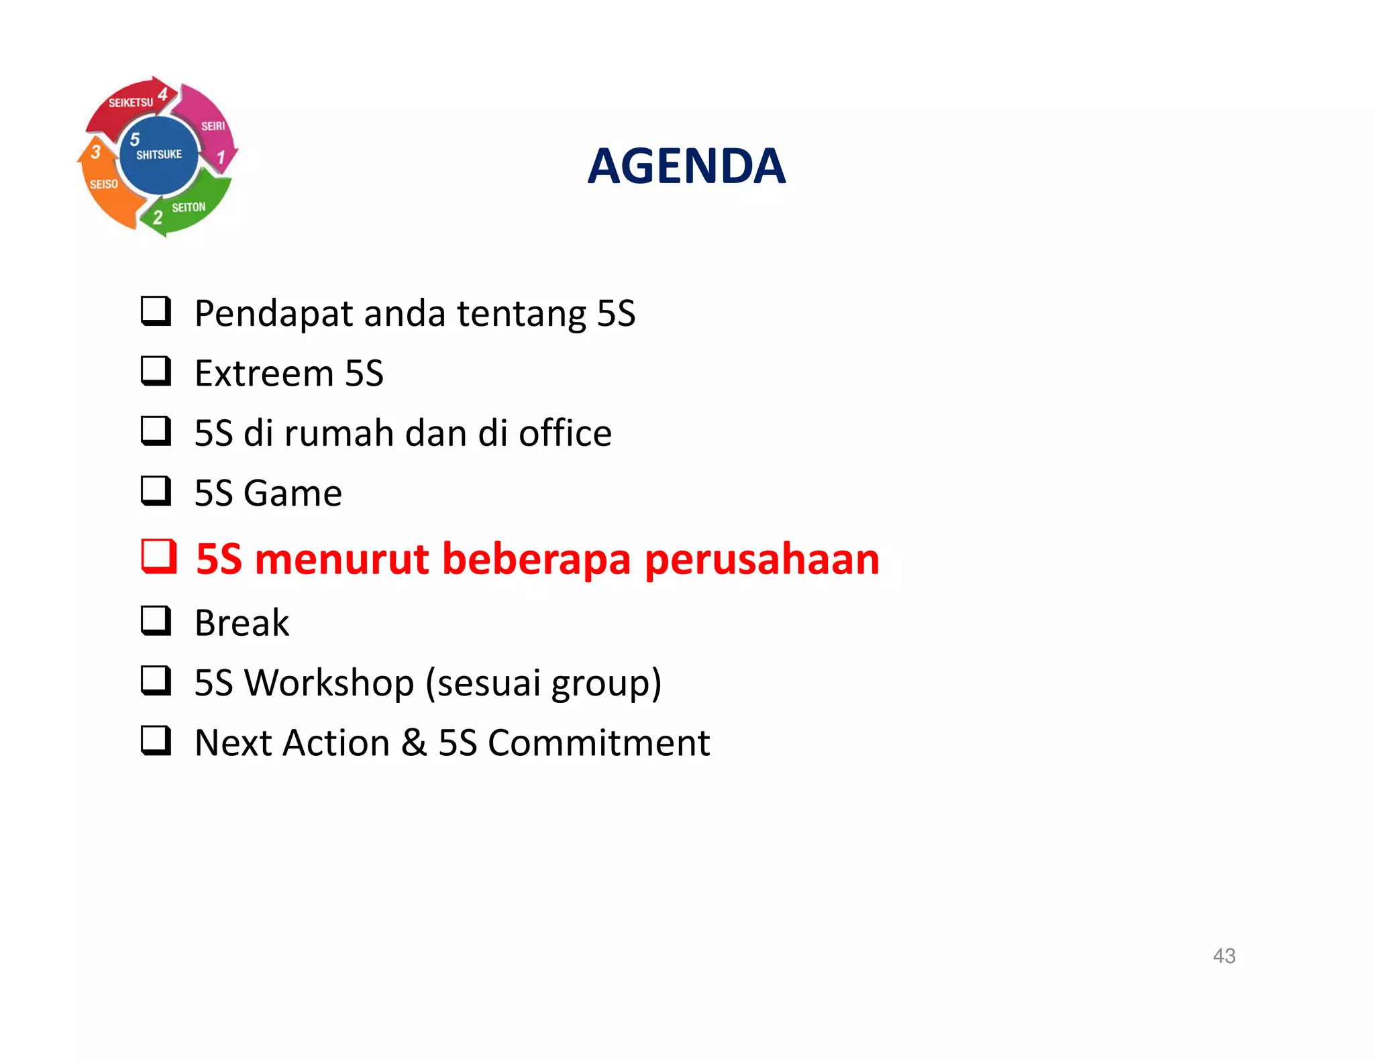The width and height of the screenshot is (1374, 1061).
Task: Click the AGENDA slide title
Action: (x=686, y=166)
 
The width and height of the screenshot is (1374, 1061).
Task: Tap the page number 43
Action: (x=1224, y=955)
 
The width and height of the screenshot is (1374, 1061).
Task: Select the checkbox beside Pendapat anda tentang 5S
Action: (x=156, y=312)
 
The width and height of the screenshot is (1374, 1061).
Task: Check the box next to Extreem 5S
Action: (x=156, y=371)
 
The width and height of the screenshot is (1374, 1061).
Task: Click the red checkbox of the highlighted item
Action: (x=158, y=557)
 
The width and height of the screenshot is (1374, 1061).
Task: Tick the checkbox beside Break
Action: (x=156, y=620)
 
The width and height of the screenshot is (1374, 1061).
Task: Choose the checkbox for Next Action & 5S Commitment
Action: (x=156, y=740)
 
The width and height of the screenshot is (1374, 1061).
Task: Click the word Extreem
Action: (x=264, y=373)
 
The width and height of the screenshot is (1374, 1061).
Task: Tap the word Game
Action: (x=293, y=493)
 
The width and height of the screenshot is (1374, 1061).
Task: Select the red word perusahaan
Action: (x=761, y=559)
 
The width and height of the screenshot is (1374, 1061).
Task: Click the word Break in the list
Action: (x=242, y=622)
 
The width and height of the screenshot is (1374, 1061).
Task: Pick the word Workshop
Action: (x=329, y=683)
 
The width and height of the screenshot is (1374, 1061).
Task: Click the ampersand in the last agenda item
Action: (x=414, y=742)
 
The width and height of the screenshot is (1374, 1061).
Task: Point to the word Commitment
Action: (x=598, y=742)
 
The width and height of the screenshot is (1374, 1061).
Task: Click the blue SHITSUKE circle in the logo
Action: (x=159, y=155)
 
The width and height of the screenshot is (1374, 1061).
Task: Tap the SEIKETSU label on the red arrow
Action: (x=131, y=103)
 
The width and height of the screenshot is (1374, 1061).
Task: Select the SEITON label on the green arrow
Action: (x=189, y=208)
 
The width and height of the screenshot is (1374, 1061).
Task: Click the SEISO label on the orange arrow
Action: (x=104, y=184)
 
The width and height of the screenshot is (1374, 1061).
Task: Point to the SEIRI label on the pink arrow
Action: (x=213, y=126)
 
